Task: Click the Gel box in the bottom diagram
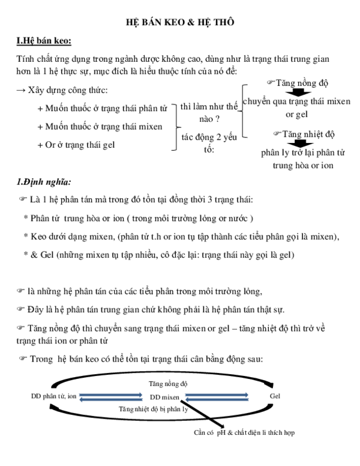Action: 275,397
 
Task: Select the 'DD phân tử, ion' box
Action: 53,397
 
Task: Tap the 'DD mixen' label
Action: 164,398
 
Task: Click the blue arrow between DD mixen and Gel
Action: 217,397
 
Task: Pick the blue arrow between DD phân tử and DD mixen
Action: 111,397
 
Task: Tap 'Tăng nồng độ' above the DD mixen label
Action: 168,383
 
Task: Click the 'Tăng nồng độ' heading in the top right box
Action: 301,82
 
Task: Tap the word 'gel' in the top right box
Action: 302,113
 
